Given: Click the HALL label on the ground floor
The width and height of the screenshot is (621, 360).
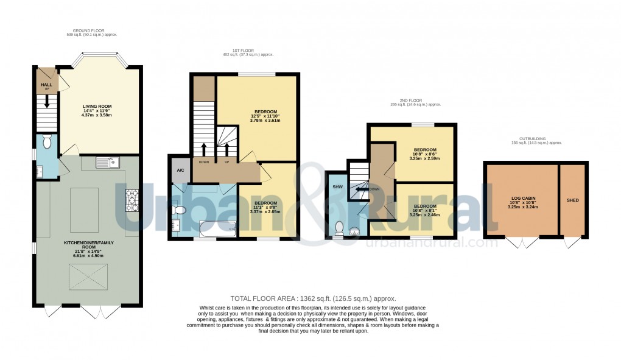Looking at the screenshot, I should (46, 85).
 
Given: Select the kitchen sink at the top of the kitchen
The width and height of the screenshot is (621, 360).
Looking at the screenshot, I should (109, 162).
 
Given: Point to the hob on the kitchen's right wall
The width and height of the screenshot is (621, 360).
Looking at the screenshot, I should (132, 201).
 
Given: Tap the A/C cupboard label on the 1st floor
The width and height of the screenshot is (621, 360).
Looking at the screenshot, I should (180, 171).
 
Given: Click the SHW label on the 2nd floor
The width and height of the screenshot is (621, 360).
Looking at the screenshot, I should (337, 187).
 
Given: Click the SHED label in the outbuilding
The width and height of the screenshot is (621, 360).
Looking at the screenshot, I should (572, 200).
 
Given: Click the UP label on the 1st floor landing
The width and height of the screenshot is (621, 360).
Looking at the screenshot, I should (226, 163).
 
